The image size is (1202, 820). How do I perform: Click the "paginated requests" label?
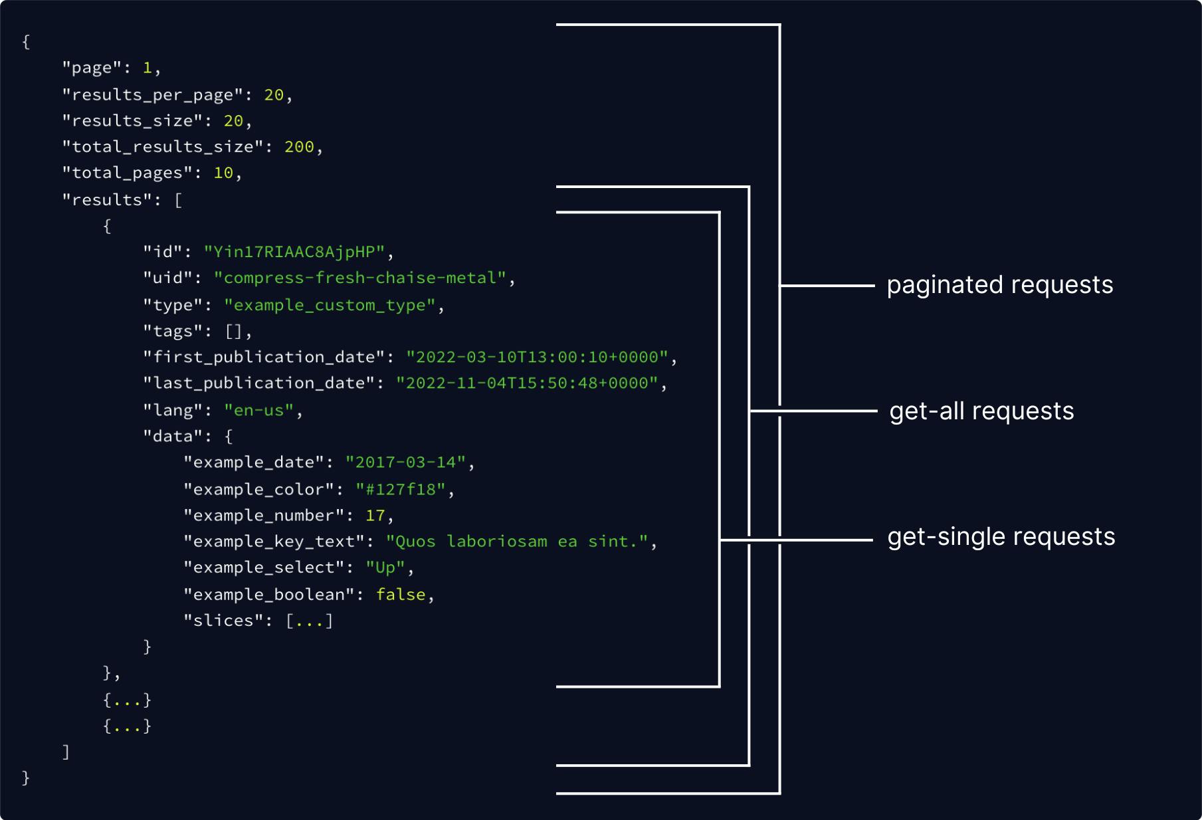click(x=1000, y=285)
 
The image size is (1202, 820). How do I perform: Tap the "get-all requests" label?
click(x=981, y=411)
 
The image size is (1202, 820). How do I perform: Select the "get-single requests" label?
click(x=1001, y=537)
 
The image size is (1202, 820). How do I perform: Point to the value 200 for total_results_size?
click(x=299, y=146)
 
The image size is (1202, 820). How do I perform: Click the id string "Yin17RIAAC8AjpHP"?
click(x=294, y=252)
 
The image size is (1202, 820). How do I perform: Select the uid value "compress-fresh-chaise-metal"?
click(x=360, y=278)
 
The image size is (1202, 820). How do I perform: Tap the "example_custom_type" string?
click(x=330, y=305)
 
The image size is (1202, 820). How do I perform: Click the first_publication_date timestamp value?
click(x=538, y=357)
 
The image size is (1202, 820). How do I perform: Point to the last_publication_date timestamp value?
click(x=527, y=383)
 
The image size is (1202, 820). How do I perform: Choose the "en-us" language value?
click(x=258, y=410)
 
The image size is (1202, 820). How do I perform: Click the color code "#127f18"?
click(x=400, y=489)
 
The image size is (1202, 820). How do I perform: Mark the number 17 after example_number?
click(x=375, y=515)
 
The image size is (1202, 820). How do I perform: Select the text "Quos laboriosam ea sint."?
click(x=517, y=542)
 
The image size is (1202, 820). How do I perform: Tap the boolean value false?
click(x=401, y=594)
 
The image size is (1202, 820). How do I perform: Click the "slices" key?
click(x=223, y=620)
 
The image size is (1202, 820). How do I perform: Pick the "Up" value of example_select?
click(x=385, y=568)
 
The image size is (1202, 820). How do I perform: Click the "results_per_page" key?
click(x=152, y=94)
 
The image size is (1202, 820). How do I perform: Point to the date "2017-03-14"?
click(x=405, y=462)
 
